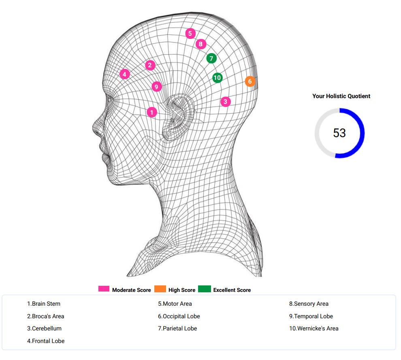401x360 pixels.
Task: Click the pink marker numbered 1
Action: tap(151, 112)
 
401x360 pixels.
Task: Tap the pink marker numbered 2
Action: tap(150, 65)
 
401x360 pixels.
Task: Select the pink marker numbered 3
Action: tap(225, 101)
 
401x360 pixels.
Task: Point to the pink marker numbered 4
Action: tap(125, 74)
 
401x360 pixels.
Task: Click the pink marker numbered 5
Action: tap(190, 33)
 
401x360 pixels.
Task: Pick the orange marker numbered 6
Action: tap(250, 81)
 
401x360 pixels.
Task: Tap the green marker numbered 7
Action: tap(211, 58)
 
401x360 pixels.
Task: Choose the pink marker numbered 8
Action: tap(200, 44)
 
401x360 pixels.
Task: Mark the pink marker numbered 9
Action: tap(156, 86)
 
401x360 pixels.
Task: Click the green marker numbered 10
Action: tap(218, 77)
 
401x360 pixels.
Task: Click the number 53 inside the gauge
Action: tap(339, 133)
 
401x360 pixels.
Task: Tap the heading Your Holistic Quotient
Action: tap(341, 96)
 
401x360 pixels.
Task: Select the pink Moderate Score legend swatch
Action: tap(104, 289)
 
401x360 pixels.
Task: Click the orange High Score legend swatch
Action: tap(160, 289)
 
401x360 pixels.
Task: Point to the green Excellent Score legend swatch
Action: tap(205, 289)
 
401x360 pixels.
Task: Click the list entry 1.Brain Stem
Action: tap(44, 304)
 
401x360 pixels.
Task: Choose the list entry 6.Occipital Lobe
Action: tap(179, 316)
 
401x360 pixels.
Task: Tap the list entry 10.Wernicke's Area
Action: tap(314, 328)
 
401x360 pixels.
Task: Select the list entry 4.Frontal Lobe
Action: tap(46, 341)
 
